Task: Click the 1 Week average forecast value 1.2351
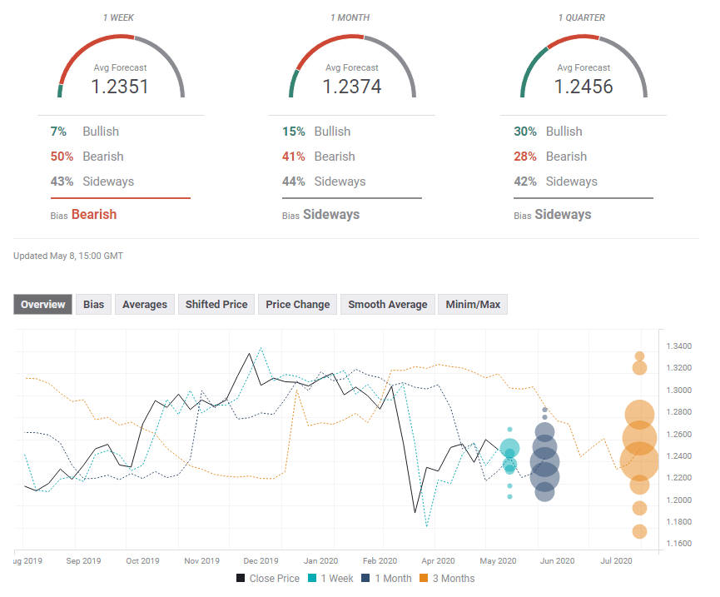pyautogui.click(x=120, y=86)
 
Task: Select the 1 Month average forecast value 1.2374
pyautogui.click(x=351, y=86)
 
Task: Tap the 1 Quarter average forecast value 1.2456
pyautogui.click(x=583, y=86)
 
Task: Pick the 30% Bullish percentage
pyautogui.click(x=525, y=132)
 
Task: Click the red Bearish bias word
pyautogui.click(x=93, y=214)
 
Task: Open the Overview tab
pyautogui.click(x=43, y=305)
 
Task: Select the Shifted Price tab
pyautogui.click(x=216, y=305)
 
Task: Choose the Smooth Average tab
pyautogui.click(x=387, y=305)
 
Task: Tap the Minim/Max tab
pyautogui.click(x=473, y=305)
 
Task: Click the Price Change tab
pyautogui.click(x=297, y=305)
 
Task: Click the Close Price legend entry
pyautogui.click(x=268, y=578)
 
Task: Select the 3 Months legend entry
pyautogui.click(x=446, y=578)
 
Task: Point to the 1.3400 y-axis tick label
pyautogui.click(x=678, y=346)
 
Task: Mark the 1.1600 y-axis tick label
pyautogui.click(x=678, y=544)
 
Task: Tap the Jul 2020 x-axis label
pyautogui.click(x=617, y=561)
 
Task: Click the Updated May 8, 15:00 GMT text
pyautogui.click(x=68, y=256)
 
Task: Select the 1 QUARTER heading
pyautogui.click(x=583, y=17)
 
